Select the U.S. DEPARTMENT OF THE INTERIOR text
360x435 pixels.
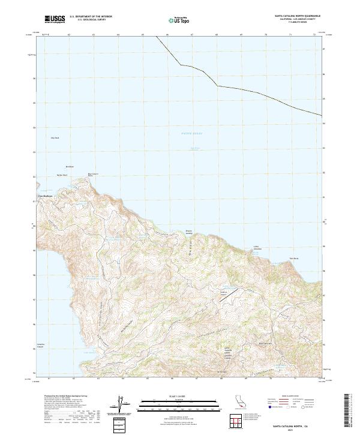(91, 16)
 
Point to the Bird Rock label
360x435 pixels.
(69, 166)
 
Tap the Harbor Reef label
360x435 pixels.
(62, 175)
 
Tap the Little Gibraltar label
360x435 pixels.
(258, 247)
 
